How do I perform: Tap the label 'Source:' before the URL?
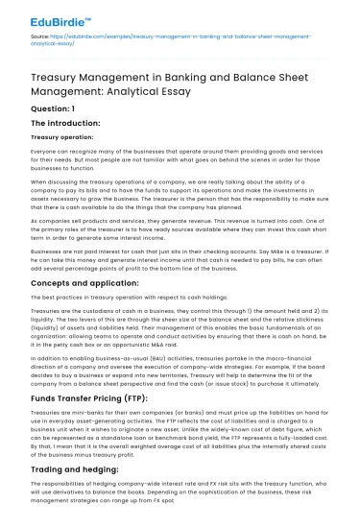(x=39, y=36)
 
